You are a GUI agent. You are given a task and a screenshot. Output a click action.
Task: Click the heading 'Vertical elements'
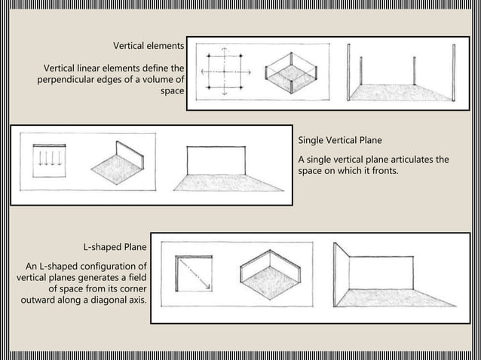[149, 45]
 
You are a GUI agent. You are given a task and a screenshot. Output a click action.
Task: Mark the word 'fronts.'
[381, 172]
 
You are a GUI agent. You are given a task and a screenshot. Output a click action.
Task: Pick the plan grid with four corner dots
[224, 72]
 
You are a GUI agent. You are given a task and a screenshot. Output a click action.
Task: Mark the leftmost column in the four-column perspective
[349, 72]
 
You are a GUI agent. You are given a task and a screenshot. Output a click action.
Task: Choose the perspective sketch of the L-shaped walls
[392, 279]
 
